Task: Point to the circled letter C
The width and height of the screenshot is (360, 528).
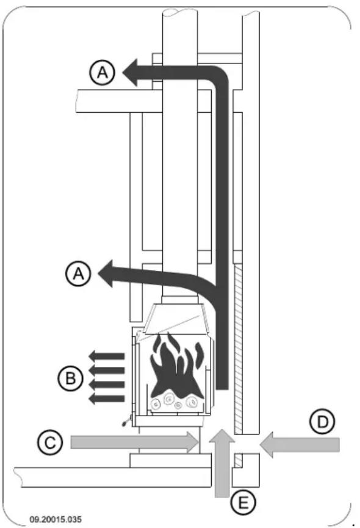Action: pyautogui.click(x=51, y=442)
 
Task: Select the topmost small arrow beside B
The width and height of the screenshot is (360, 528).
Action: pyautogui.click(x=106, y=356)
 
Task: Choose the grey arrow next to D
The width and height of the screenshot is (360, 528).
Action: pyautogui.click(x=299, y=446)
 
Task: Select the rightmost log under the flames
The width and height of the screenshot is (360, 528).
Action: pyautogui.click(x=193, y=402)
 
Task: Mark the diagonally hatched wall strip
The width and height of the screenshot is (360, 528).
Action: pyautogui.click(x=239, y=342)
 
